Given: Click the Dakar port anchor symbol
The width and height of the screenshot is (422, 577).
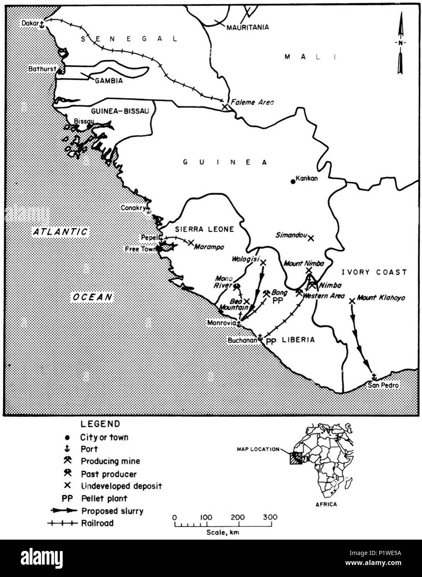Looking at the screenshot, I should (x=41, y=25).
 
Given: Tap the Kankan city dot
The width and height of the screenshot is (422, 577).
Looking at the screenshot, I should (x=293, y=181).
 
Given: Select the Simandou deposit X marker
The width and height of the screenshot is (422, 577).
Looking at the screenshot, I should (x=310, y=238).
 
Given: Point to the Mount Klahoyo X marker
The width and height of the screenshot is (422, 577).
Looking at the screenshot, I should (x=352, y=300).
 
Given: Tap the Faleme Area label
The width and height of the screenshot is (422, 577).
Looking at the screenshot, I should (x=254, y=102).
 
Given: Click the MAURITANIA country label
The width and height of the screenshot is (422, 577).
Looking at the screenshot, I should (x=248, y=27).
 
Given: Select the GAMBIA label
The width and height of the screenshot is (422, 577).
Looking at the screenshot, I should (x=109, y=81).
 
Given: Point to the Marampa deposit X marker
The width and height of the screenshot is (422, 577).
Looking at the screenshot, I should (x=191, y=242).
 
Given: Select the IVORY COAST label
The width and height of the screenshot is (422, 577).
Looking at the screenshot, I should (x=373, y=272).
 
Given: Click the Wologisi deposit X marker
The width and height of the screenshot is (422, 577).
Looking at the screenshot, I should (x=263, y=262).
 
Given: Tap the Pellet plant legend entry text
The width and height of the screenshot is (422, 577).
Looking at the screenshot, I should (x=104, y=498).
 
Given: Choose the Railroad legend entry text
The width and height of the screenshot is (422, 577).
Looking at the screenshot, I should (x=97, y=523).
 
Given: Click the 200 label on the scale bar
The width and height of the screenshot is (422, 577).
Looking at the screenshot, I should (x=238, y=518).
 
